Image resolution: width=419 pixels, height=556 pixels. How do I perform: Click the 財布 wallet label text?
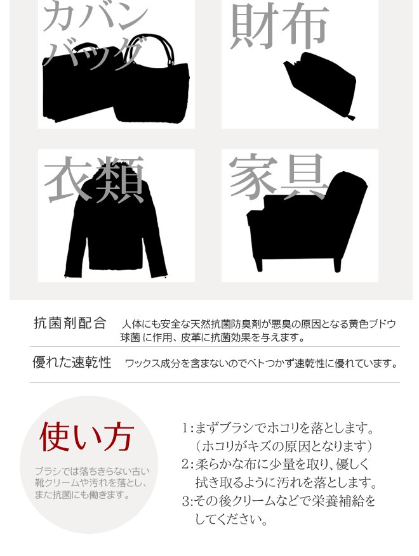click(279, 27)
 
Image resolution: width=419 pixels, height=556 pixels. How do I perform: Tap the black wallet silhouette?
click(321, 85)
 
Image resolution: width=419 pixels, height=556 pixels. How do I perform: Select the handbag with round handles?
click(152, 82)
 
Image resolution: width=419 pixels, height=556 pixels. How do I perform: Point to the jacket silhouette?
click(116, 223)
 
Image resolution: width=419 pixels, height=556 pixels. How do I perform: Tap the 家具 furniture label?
click(278, 176)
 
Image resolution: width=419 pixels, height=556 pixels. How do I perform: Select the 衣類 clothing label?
click(94, 179)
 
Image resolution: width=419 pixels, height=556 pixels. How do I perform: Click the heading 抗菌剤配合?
click(70, 323)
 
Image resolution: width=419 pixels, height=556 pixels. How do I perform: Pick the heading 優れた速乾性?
click(72, 363)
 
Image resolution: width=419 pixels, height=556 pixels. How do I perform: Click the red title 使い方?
click(86, 437)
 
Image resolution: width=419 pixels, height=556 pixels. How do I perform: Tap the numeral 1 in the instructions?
click(185, 429)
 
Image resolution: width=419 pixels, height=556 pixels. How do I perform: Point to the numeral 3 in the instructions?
click(185, 501)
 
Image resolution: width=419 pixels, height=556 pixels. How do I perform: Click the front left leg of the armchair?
click(258, 264)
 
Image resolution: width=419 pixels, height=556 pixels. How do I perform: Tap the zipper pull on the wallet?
click(350, 117)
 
